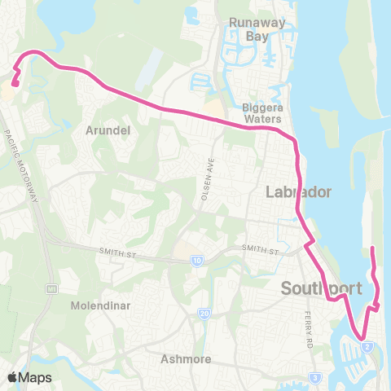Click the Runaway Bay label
(x=257, y=29)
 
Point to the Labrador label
(x=298, y=192)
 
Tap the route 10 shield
(x=197, y=261)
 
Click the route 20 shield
(x=204, y=314)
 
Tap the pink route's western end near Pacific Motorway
(x=15, y=85)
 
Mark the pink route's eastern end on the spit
(x=371, y=248)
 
